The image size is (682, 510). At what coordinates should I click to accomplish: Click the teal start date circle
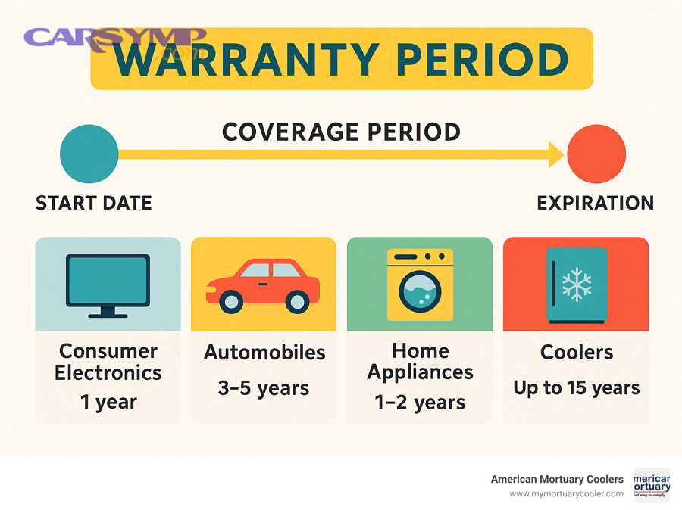tap(89, 154)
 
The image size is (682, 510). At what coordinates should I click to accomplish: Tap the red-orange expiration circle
tap(596, 154)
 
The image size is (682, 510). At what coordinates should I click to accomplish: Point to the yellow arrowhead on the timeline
tap(555, 154)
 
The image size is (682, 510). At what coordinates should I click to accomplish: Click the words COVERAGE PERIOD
tap(341, 132)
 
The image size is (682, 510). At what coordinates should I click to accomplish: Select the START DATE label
tap(94, 203)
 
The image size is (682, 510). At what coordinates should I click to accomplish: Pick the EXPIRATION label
tap(596, 203)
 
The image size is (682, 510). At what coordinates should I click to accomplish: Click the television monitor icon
tap(108, 282)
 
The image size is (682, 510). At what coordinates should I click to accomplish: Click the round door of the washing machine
tap(419, 294)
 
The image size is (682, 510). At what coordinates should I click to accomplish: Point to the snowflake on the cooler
tap(577, 285)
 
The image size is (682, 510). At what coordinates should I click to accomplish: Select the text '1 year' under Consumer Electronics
tap(108, 402)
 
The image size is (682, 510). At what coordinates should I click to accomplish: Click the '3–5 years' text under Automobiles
tap(264, 389)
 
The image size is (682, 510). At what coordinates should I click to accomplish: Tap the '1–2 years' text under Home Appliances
tap(420, 402)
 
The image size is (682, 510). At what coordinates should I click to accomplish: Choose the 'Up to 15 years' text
tap(576, 389)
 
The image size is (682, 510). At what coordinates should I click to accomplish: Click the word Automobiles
tap(264, 353)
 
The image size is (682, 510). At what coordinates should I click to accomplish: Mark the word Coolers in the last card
tap(577, 353)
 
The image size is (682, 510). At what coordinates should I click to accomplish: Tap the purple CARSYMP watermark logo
tap(114, 38)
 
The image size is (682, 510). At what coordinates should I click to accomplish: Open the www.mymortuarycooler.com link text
tap(566, 493)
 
